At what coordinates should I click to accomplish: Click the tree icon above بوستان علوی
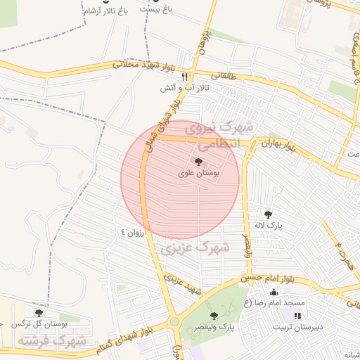[196, 162]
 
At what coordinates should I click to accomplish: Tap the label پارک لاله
[268, 226]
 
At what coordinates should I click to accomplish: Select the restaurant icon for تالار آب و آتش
[185, 77]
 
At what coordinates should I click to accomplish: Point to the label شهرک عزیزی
[195, 247]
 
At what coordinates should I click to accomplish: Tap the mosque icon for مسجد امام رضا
[274, 292]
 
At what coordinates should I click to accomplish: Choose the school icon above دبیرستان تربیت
[297, 316]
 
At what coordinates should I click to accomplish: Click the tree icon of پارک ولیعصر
[214, 316]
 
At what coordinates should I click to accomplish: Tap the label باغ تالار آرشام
[104, 12]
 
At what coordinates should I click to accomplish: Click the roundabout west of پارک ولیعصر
[174, 322]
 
